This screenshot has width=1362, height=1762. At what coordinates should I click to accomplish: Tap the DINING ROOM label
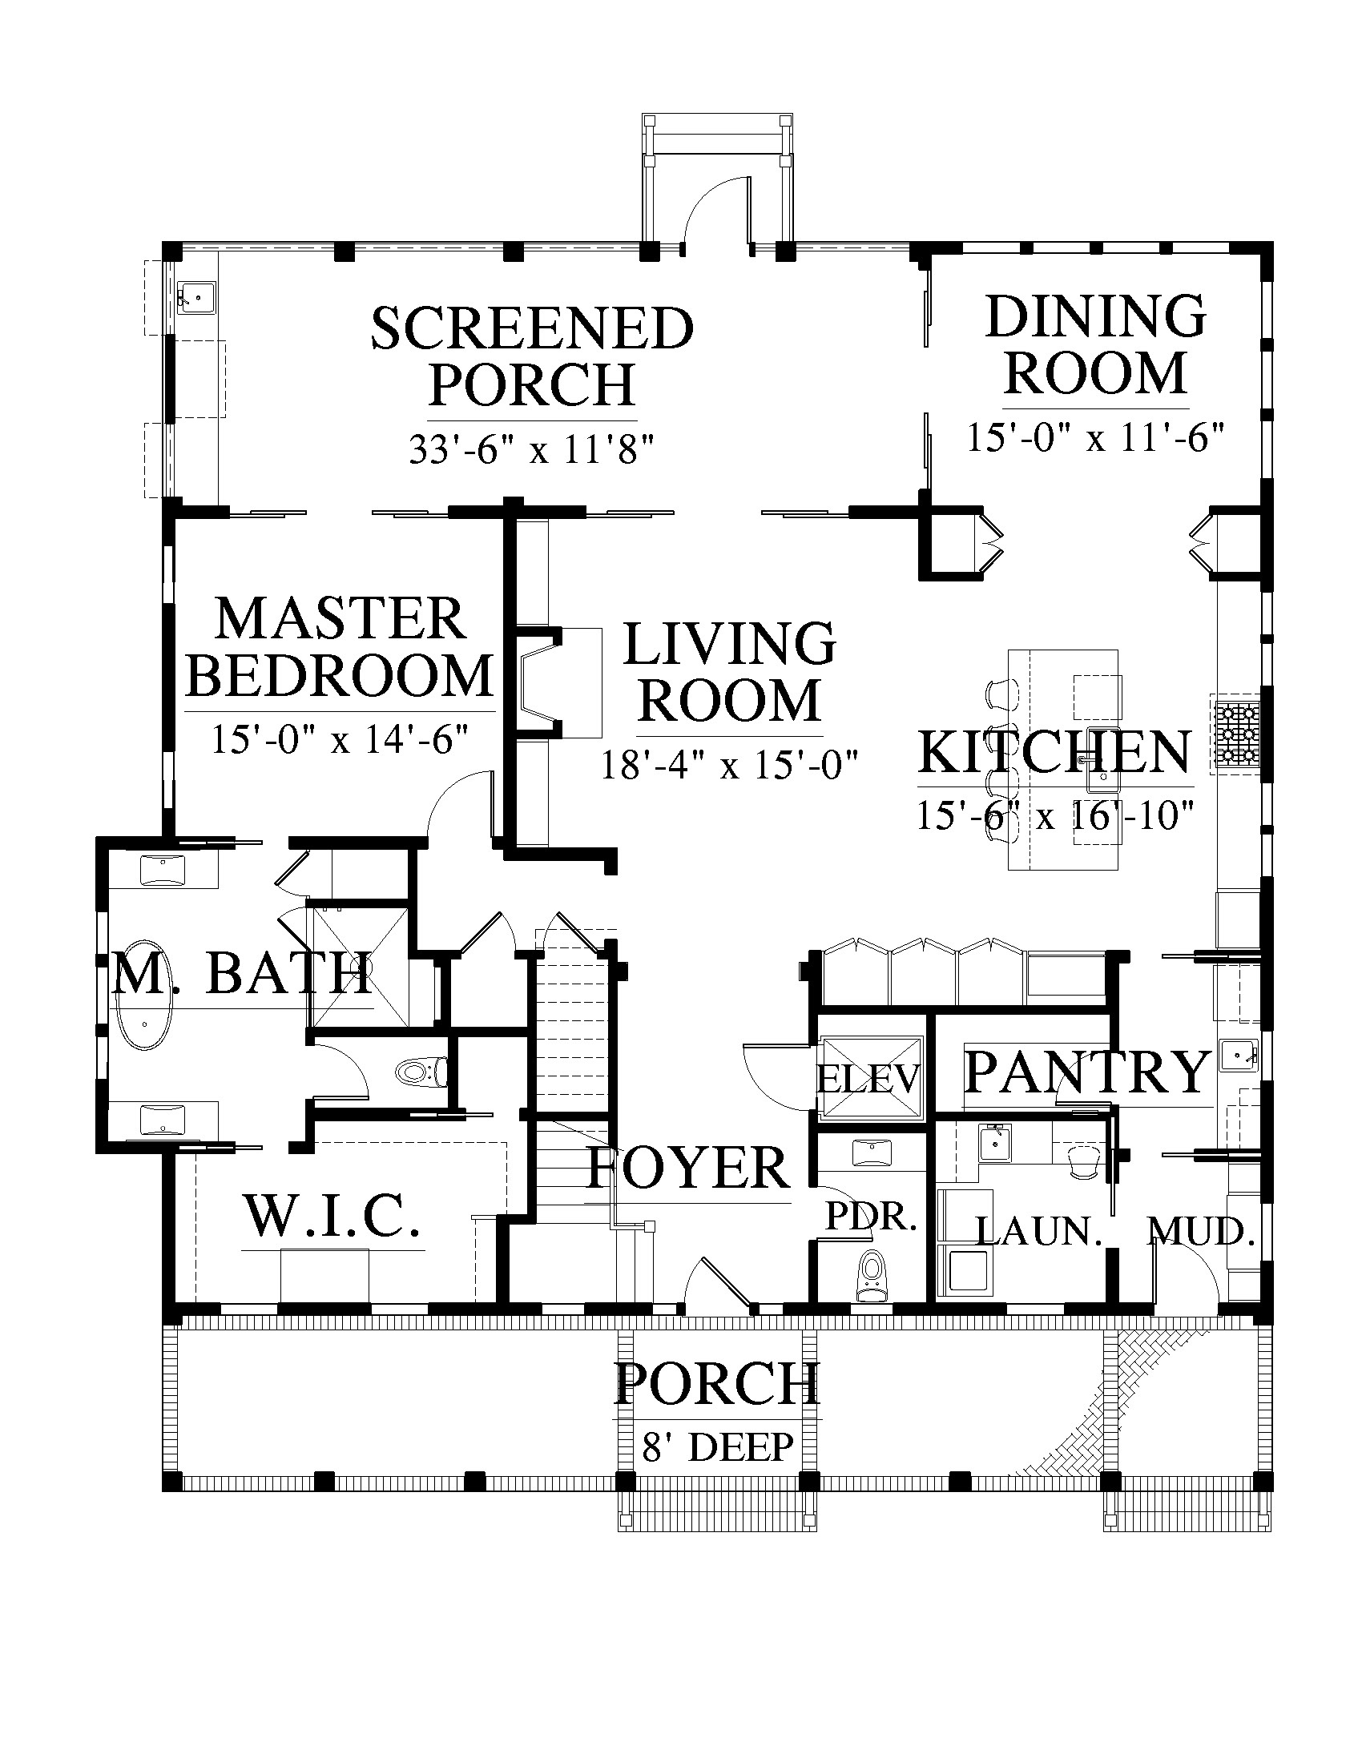[1096, 344]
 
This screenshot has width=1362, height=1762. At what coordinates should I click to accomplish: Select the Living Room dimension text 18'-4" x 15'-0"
[728, 764]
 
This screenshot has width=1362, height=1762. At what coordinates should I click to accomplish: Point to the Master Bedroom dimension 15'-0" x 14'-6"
[340, 738]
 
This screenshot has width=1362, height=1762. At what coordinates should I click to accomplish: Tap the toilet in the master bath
[422, 1072]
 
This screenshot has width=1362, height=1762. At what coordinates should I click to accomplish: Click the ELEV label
[869, 1080]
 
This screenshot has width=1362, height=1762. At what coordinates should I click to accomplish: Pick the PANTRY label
[1088, 1072]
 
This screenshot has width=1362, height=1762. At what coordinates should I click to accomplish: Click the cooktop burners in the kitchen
[1236, 734]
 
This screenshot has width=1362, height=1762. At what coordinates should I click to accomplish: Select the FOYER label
[688, 1168]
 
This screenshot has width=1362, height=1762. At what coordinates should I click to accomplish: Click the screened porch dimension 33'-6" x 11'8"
[530, 449]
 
